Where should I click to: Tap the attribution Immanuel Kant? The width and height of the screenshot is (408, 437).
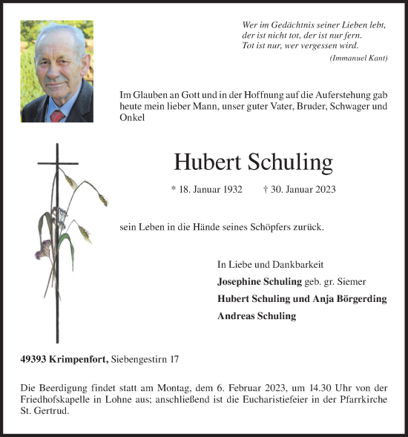tap(358, 59)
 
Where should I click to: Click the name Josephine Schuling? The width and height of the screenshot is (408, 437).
tap(259, 282)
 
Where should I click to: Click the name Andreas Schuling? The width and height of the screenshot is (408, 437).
tap(257, 316)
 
